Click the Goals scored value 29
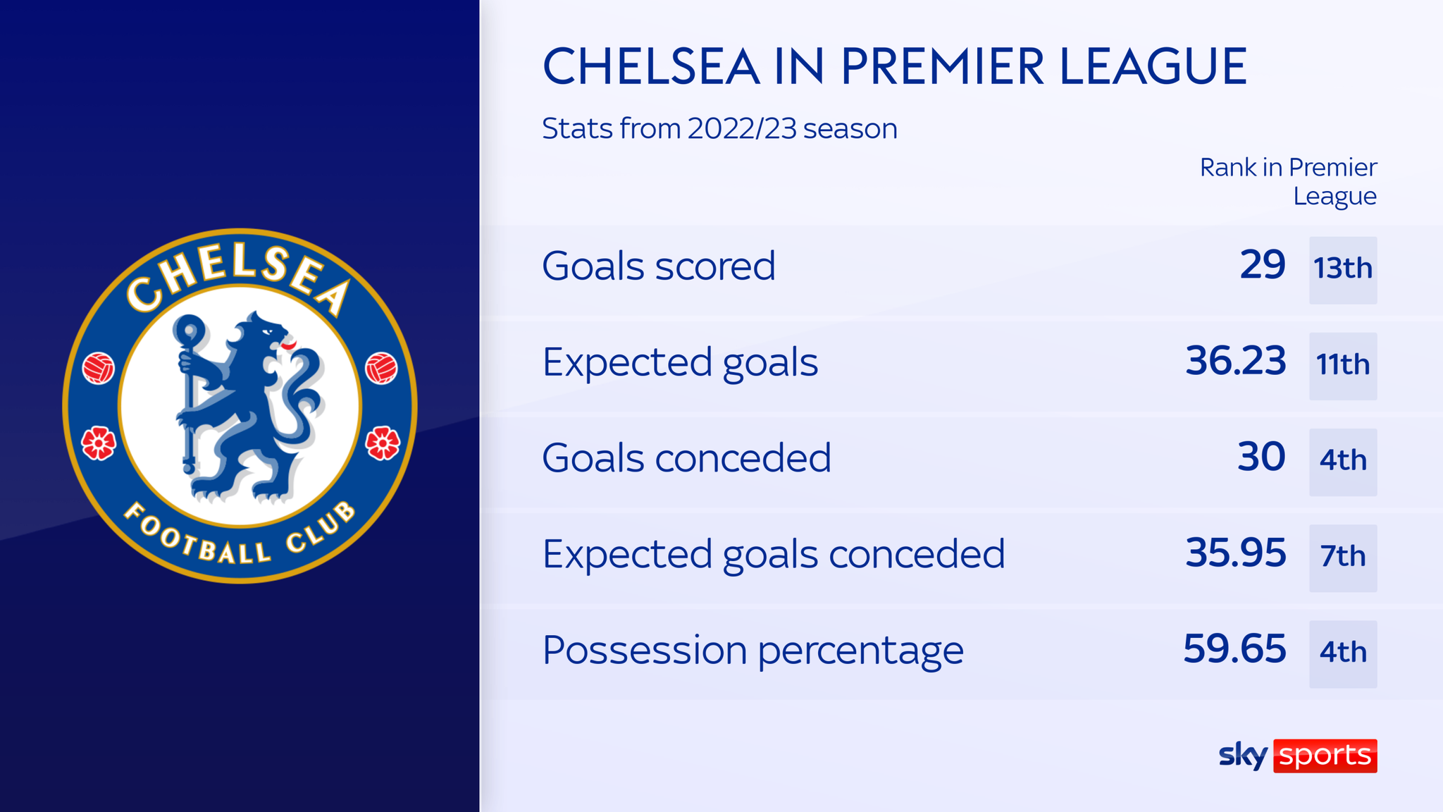(x=1262, y=266)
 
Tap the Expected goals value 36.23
(x=1235, y=362)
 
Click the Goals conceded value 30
(x=1261, y=457)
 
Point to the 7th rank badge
(x=1343, y=558)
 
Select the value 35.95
(x=1235, y=553)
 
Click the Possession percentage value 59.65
(x=1234, y=649)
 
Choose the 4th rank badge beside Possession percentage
(x=1343, y=653)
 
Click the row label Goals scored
(x=658, y=266)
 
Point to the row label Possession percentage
(x=753, y=650)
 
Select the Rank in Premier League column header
(x=1289, y=182)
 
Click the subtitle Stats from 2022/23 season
(x=719, y=129)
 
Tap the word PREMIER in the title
(x=942, y=67)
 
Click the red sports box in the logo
(x=1325, y=756)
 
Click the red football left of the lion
(x=99, y=368)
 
